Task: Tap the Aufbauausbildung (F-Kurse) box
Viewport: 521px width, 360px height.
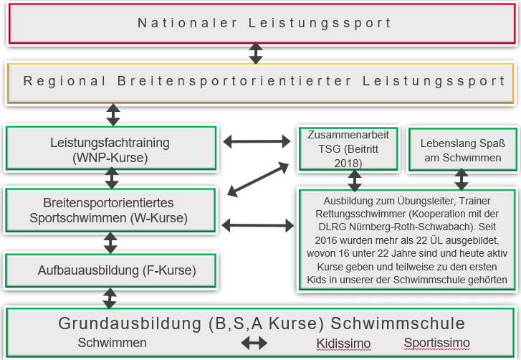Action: pyautogui.click(x=110, y=271)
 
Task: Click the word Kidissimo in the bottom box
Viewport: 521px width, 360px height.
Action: pyautogui.click(x=343, y=344)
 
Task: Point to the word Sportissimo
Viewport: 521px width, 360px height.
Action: pyautogui.click(x=436, y=343)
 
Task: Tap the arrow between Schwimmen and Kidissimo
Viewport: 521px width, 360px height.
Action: pyautogui.click(x=254, y=344)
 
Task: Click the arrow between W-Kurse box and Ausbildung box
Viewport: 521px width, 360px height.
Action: pyautogui.click(x=258, y=225)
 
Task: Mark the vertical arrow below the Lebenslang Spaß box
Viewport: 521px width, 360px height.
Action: pyautogui.click(x=462, y=179)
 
